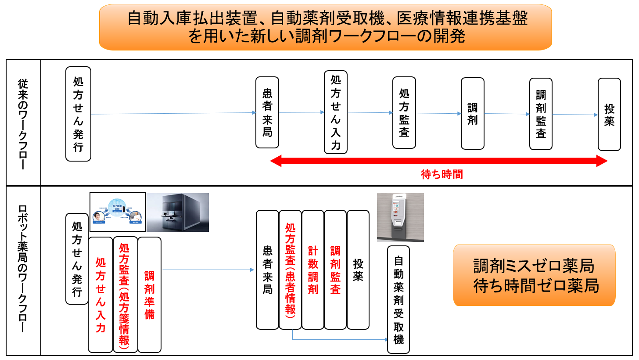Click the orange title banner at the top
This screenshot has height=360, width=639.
(x=325, y=27)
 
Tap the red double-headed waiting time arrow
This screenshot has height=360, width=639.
(x=438, y=161)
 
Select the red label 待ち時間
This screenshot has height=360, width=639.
(x=442, y=174)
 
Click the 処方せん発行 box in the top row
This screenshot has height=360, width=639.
(x=78, y=114)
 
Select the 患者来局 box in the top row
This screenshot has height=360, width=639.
(x=267, y=112)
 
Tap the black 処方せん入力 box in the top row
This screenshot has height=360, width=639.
(x=336, y=112)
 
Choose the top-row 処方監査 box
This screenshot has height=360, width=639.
(x=404, y=113)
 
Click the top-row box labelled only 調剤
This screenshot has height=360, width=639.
(x=473, y=113)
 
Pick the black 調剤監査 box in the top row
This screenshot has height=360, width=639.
(x=541, y=114)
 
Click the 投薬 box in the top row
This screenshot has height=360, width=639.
(x=610, y=115)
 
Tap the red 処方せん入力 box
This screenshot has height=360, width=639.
(x=101, y=295)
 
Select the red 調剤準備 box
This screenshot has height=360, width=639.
(x=150, y=295)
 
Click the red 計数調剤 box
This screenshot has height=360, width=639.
(x=313, y=270)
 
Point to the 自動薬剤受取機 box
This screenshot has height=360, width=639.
(x=398, y=300)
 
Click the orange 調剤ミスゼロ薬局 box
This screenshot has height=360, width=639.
(x=534, y=275)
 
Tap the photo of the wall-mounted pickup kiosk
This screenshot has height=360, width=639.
(x=400, y=217)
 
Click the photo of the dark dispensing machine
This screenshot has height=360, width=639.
(x=178, y=212)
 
